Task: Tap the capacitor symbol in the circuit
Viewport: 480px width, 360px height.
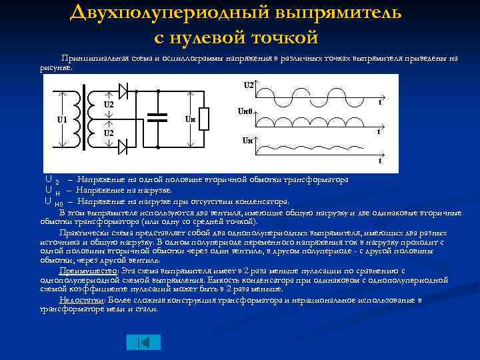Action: (158, 117)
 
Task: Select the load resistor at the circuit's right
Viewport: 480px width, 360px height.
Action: (205, 119)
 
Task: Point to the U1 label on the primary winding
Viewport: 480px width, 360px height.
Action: (62, 120)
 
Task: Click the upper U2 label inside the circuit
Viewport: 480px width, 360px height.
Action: (108, 105)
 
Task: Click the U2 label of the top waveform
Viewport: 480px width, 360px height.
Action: (248, 85)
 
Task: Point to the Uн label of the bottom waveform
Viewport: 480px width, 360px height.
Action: (247, 141)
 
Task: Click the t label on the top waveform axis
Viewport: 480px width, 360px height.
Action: (379, 103)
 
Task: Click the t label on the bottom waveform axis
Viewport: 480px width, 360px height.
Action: (379, 161)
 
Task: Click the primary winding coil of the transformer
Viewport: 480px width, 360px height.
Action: (73, 120)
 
